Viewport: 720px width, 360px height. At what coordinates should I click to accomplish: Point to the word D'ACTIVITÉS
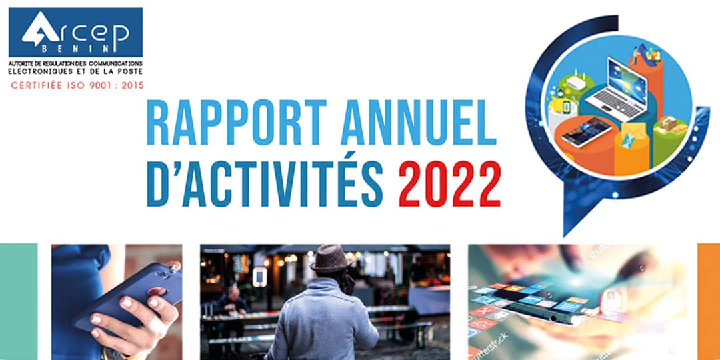(264, 183)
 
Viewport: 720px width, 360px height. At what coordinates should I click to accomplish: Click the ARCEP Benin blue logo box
(75, 32)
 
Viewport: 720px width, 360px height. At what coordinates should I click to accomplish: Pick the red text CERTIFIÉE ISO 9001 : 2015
(77, 85)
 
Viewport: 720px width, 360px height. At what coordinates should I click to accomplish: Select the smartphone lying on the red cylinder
(586, 132)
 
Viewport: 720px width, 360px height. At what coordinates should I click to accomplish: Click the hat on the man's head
(331, 257)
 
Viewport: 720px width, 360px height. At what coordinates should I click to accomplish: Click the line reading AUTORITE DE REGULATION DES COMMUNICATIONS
(77, 62)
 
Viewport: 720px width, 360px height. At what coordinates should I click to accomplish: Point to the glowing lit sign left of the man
(259, 276)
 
